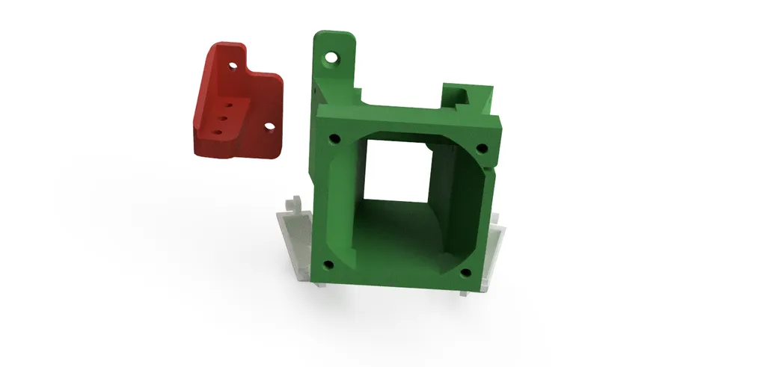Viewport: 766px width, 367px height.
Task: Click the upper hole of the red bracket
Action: [233, 66]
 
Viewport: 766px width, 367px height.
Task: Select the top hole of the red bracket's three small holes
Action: [228, 105]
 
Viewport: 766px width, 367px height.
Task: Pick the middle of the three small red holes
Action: [223, 117]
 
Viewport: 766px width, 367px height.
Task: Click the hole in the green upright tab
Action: [331, 56]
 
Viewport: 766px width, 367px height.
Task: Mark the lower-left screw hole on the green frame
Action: [326, 264]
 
